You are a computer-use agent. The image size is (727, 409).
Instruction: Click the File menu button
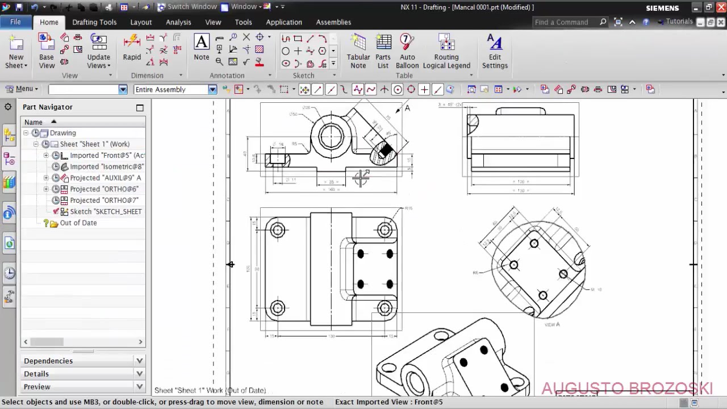point(15,22)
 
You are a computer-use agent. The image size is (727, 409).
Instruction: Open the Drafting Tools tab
point(94,22)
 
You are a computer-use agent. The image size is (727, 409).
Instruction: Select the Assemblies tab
point(333,22)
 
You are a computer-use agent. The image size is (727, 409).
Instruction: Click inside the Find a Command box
point(565,22)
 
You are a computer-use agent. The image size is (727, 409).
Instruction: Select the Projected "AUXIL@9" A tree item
point(105,178)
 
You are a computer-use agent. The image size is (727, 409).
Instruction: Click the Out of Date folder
point(78,223)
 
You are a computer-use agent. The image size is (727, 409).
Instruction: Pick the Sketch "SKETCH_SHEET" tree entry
point(106,211)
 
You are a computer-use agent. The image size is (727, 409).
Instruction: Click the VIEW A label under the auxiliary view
point(552,324)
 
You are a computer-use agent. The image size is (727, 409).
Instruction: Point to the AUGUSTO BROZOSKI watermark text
point(626,389)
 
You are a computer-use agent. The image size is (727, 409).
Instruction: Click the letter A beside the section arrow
point(407,108)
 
